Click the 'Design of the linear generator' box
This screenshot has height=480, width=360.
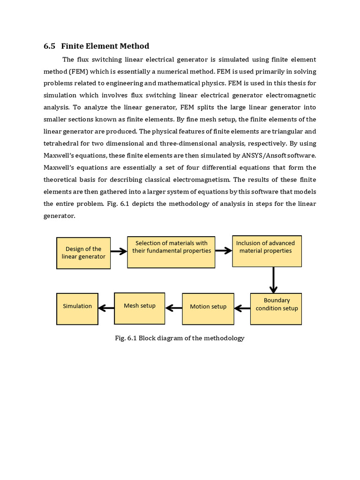pyautogui.click(x=83, y=253)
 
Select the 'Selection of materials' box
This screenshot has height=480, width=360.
pyautogui.click(x=171, y=252)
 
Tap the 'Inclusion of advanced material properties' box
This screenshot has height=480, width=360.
pyautogui.click(x=267, y=251)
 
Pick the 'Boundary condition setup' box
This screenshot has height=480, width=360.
pyautogui.click(x=276, y=308)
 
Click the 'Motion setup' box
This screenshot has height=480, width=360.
pyautogui.click(x=208, y=308)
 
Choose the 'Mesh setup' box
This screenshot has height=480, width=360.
pyautogui.click(x=140, y=307)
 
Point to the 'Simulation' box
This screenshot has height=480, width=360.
pyautogui.click(x=77, y=308)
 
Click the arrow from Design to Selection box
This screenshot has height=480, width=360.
pyautogui.click(x=119, y=251)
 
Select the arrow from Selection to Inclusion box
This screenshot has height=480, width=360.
pyautogui.click(x=224, y=251)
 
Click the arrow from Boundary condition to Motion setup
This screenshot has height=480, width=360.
pyautogui.click(x=242, y=308)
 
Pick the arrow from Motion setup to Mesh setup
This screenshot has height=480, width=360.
pyautogui.click(x=173, y=308)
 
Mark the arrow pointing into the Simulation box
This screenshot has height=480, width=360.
pyautogui.click(x=106, y=308)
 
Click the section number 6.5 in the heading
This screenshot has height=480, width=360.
pyautogui.click(x=49, y=46)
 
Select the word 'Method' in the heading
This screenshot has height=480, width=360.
pyautogui.click(x=134, y=46)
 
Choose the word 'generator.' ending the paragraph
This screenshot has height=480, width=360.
pyautogui.click(x=59, y=216)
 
